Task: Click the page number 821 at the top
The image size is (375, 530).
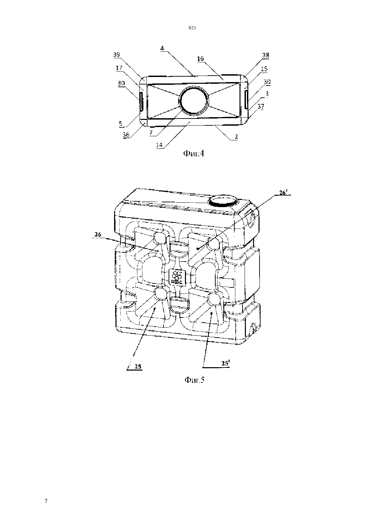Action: click(192, 28)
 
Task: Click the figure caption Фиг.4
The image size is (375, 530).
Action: click(193, 154)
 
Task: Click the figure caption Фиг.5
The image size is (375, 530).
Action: click(194, 380)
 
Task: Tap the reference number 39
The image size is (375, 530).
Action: click(116, 54)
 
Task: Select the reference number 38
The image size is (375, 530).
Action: click(266, 55)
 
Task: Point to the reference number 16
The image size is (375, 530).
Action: click(200, 59)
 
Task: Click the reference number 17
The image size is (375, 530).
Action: click(119, 68)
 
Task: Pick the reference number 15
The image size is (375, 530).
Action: click(264, 68)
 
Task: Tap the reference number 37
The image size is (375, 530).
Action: click(261, 107)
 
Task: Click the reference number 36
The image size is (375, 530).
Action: click(126, 135)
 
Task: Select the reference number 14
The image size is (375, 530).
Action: click(159, 145)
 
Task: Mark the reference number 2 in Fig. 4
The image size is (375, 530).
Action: click(236, 137)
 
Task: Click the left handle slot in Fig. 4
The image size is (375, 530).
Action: click(141, 102)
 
